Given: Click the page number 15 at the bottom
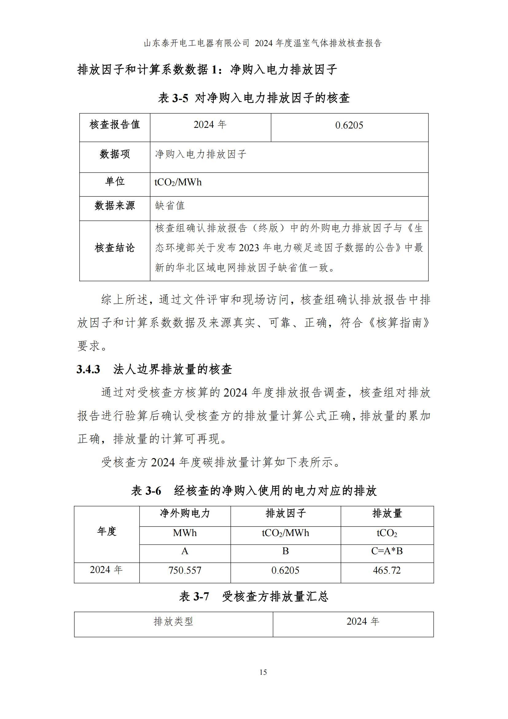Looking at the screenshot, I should click(263, 672).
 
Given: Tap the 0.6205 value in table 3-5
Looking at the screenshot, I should click(349, 126).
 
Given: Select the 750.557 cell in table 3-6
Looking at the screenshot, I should click(185, 570).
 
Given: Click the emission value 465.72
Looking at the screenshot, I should click(387, 570).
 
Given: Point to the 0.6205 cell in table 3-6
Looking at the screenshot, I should click(285, 570).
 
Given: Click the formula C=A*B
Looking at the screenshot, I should click(387, 551).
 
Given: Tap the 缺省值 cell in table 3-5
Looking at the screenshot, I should click(170, 206).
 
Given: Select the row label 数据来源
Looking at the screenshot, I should click(115, 206).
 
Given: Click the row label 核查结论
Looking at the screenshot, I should click(115, 248).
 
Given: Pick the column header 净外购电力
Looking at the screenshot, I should click(185, 513).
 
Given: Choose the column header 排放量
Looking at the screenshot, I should click(387, 513).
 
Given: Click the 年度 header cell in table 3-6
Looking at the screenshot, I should click(107, 531).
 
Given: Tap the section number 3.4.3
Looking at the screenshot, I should click(88, 369).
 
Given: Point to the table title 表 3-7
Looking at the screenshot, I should click(194, 597).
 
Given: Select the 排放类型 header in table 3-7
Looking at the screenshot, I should click(173, 622).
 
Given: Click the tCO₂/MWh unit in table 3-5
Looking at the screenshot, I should click(178, 182).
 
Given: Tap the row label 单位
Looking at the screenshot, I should click(115, 182).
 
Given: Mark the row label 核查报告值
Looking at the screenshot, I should click(115, 125).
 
